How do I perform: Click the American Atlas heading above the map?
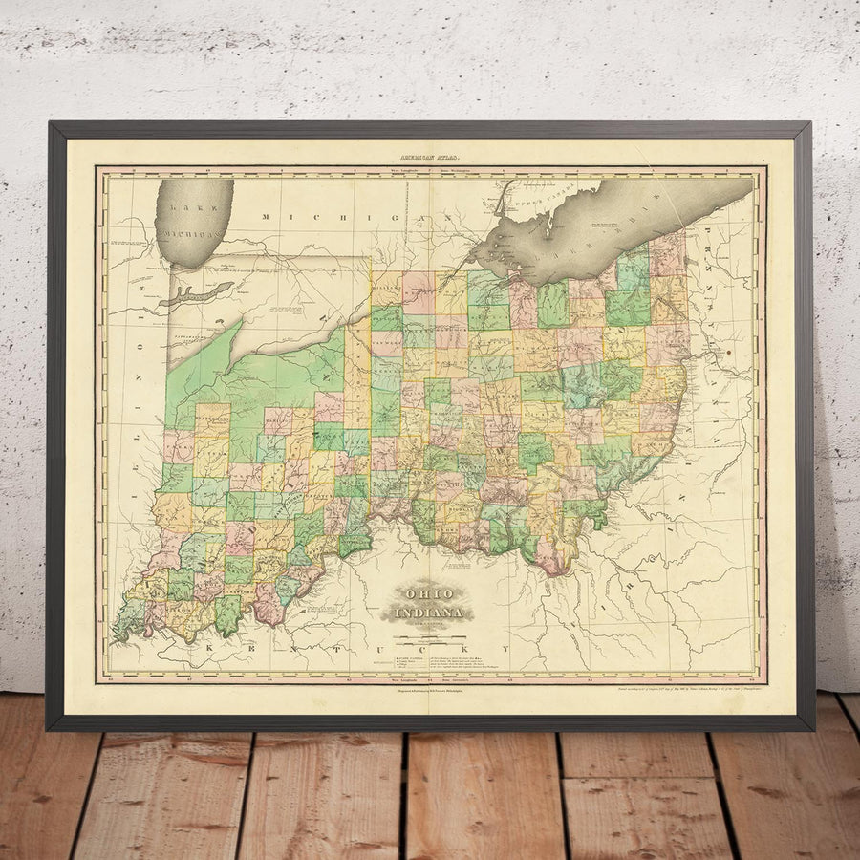tap(430, 156)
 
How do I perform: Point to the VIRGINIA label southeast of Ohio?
tap(659, 564)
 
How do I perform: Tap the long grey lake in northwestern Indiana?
tap(201, 293)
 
